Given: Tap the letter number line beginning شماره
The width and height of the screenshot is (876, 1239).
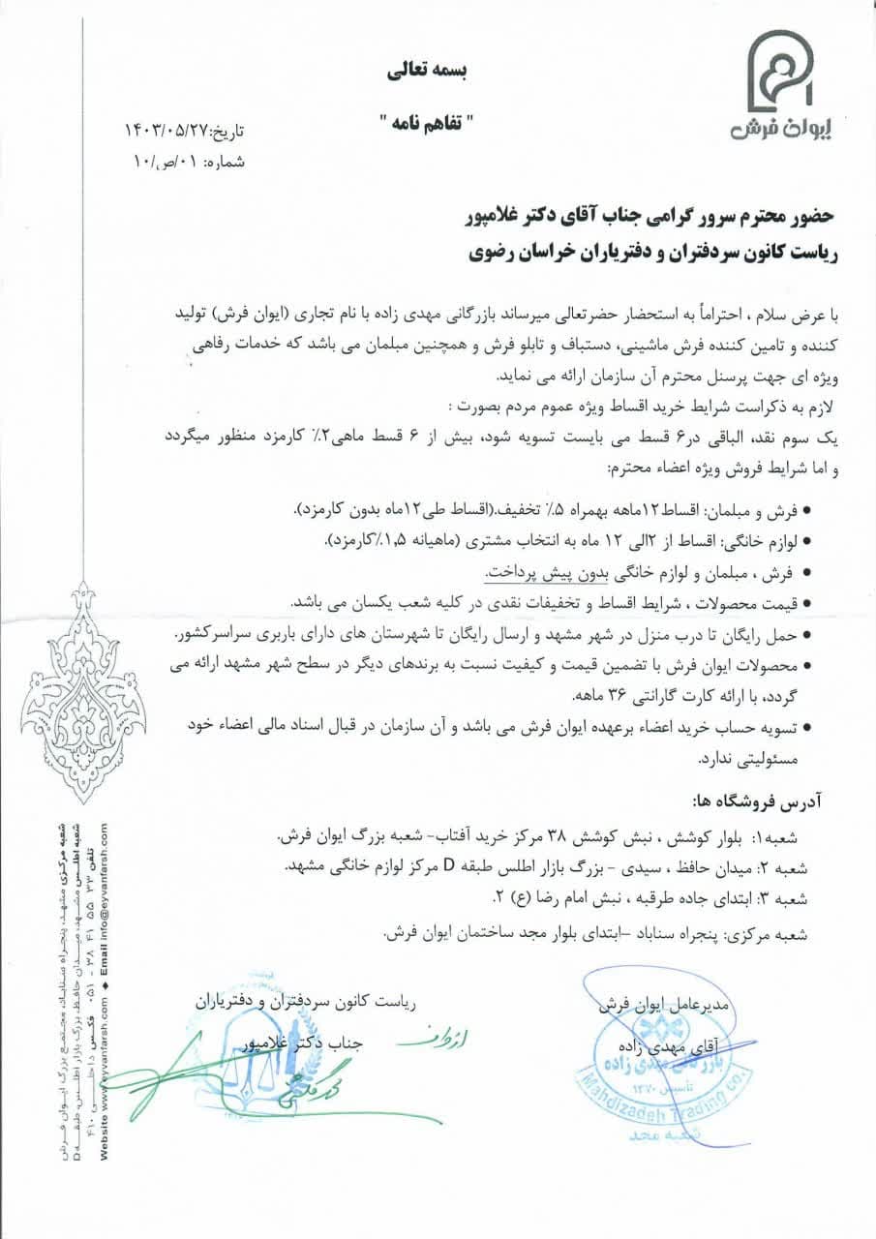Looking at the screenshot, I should point(188,161).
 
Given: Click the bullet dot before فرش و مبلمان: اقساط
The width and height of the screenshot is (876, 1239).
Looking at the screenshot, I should point(809,507).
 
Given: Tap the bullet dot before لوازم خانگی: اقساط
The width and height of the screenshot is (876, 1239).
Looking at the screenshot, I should point(809,538).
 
